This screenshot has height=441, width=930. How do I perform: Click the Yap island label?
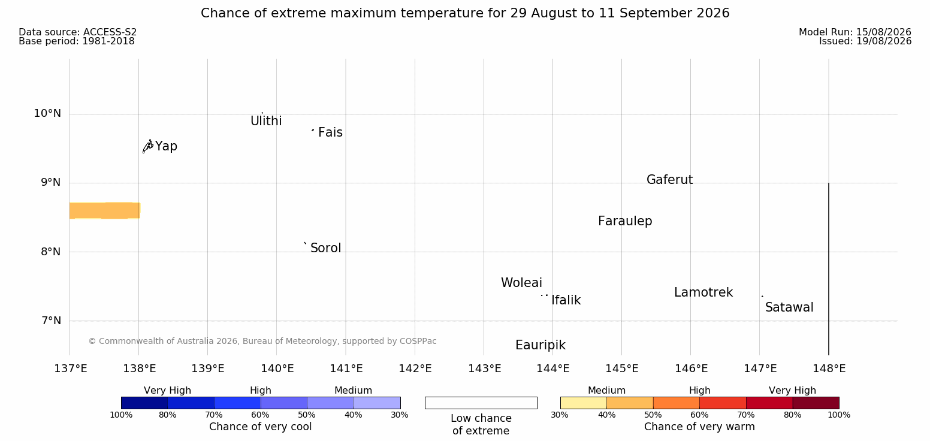pyautogui.click(x=166, y=147)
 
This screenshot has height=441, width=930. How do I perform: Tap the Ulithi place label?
pyautogui.click(x=266, y=121)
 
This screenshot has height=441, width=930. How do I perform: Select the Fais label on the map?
pyautogui.click(x=331, y=132)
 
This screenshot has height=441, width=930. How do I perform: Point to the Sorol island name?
pyautogui.click(x=326, y=248)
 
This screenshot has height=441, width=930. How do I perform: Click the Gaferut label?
pyautogui.click(x=670, y=180)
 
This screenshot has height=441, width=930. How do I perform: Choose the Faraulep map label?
pyautogui.click(x=625, y=221)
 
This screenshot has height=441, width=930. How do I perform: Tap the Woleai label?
pyautogui.click(x=522, y=283)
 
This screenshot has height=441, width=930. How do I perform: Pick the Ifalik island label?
pyautogui.click(x=566, y=300)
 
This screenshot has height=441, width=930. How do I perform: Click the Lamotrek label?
pyautogui.click(x=703, y=292)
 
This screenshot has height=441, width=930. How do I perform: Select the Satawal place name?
pyautogui.click(x=789, y=308)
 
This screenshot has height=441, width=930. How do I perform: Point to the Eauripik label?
pyautogui.click(x=541, y=346)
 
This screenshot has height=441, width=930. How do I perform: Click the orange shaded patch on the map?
pyautogui.click(x=105, y=210)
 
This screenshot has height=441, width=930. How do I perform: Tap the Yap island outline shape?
pyautogui.click(x=148, y=147)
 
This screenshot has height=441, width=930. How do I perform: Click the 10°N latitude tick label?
pyautogui.click(x=47, y=113)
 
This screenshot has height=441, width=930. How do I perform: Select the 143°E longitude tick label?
pyautogui.click(x=485, y=368)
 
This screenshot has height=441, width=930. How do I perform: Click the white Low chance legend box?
pyautogui.click(x=481, y=403)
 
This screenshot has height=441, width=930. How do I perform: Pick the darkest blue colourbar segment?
pyautogui.click(x=144, y=403)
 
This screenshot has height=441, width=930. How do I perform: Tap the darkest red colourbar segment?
pyautogui.click(x=816, y=403)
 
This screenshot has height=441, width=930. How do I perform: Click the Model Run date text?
pyautogui.click(x=855, y=32)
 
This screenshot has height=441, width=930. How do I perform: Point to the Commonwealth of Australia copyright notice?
pyautogui.click(x=262, y=342)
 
